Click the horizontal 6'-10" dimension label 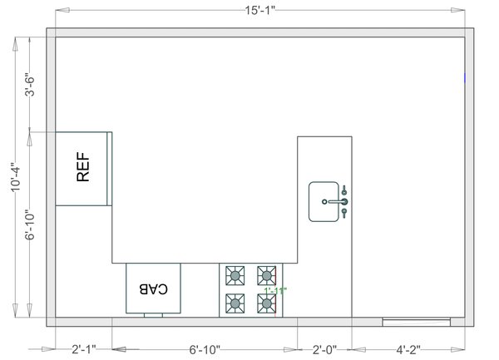[205, 350]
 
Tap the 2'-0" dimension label [324, 350]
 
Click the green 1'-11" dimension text [275, 291]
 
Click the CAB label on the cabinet [153, 289]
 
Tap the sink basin [322, 202]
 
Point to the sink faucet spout [335, 201]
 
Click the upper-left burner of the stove [235, 274]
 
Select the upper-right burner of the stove [266, 274]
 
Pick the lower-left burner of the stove [235, 302]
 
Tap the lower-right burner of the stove [266, 303]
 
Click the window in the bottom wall [416, 320]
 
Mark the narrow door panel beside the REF [110, 168]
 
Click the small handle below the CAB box [153, 315]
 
